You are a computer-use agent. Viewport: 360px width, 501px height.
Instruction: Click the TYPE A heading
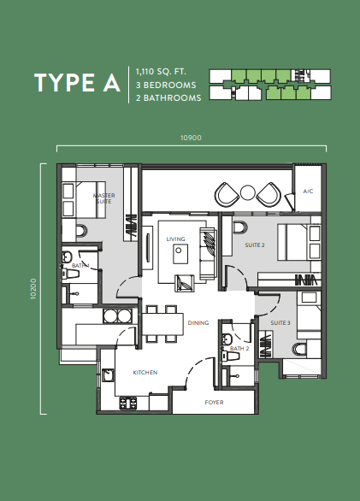point(77,83)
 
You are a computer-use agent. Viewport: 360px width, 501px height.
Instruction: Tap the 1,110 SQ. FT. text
point(161,72)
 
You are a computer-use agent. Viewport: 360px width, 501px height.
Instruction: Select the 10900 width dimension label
point(192,138)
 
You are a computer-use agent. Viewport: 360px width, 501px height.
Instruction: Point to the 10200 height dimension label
point(33,288)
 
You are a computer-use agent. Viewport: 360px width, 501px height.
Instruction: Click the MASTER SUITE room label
point(104,198)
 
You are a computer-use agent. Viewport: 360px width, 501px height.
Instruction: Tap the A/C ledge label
point(308,191)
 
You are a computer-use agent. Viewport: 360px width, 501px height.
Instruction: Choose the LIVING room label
point(175,239)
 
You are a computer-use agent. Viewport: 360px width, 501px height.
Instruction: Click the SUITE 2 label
point(255,245)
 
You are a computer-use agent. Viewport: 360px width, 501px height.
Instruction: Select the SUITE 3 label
point(280,322)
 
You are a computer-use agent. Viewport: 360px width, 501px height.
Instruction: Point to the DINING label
point(198,322)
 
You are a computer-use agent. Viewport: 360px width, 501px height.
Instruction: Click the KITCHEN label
point(145,372)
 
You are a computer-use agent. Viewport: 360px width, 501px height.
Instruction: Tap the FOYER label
point(215,403)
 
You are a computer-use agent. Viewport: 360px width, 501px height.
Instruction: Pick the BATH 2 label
point(239,348)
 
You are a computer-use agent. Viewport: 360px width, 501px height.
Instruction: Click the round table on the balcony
point(247,192)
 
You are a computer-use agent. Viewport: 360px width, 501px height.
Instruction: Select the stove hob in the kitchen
point(128,403)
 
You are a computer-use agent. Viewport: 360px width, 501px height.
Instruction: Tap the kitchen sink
point(108,375)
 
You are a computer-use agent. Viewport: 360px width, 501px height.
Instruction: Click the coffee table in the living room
point(180,254)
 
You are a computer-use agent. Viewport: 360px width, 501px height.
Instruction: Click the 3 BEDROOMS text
point(166,85)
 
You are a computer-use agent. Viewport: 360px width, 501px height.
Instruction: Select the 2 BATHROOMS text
point(168,97)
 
